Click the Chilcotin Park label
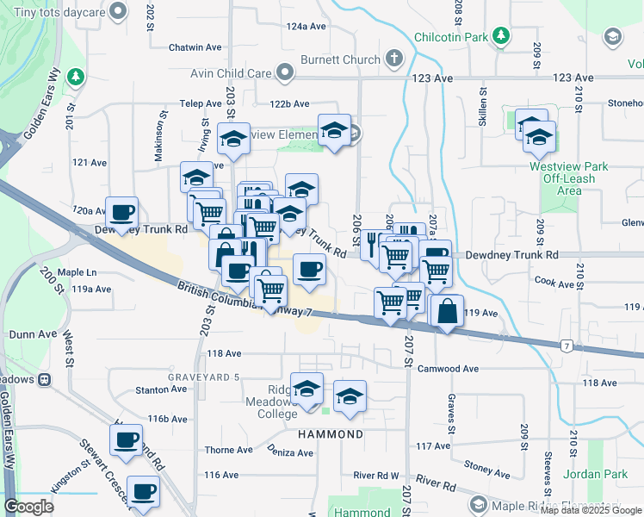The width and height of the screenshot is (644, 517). point(451,36)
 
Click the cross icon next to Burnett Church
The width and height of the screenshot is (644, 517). point(394,59)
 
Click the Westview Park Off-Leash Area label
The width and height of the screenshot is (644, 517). point(569,178)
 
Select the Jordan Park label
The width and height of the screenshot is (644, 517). point(595,474)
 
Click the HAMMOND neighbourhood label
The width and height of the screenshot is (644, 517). point(330,434)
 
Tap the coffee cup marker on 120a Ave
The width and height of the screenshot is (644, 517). point(122,210)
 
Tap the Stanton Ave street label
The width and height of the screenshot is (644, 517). point(161,389)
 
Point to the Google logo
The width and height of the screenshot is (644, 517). point(28,507)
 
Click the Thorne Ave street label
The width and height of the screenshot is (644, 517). point(228,450)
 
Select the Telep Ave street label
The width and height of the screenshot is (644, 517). point(201,103)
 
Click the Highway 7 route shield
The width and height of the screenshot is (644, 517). point(566,346)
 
